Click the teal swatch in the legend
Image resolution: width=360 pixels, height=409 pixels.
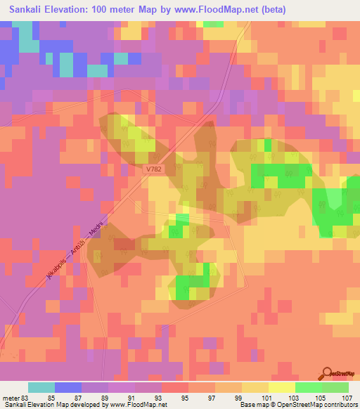tap(41, 387)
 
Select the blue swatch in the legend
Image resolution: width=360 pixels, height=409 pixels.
tap(67, 387)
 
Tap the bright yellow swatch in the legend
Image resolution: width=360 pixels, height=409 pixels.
tap(281, 387)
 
